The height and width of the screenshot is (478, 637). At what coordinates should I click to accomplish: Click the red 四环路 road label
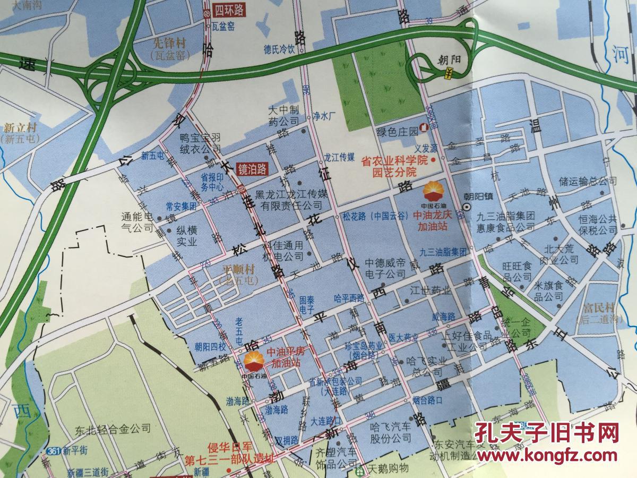click(229, 10)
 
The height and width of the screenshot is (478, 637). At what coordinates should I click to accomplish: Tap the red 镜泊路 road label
click(252, 169)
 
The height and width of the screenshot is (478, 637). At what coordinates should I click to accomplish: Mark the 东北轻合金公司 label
click(113, 428)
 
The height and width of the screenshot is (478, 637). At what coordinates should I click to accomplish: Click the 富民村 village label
click(595, 308)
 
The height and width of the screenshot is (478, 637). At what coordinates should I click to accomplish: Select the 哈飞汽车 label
click(390, 427)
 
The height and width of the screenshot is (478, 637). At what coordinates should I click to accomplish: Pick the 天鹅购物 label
click(389, 468)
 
